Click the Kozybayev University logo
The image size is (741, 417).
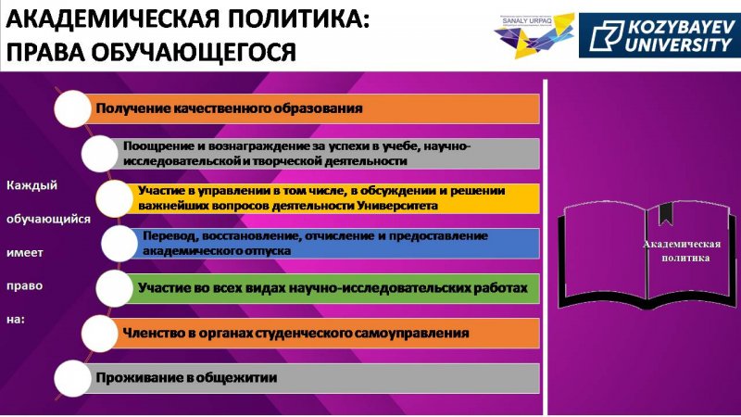click(659, 35)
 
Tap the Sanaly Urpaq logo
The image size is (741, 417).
click(534, 36)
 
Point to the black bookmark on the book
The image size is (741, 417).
click(666, 214)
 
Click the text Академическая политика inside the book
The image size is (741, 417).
click(682, 250)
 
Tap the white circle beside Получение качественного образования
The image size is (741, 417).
click(73, 108)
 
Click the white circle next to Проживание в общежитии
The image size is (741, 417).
click(73, 378)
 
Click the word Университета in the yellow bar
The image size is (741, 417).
click(397, 206)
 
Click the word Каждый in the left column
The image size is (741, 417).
click(31, 185)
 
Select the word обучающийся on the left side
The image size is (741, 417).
click(48, 220)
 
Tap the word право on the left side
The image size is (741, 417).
click(24, 286)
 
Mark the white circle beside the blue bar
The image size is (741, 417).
click(119, 244)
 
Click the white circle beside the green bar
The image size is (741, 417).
click(114, 288)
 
